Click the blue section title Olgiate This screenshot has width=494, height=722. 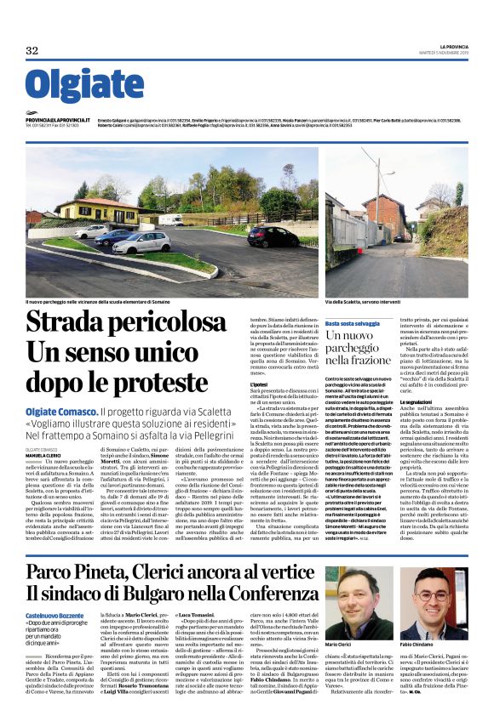72,87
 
